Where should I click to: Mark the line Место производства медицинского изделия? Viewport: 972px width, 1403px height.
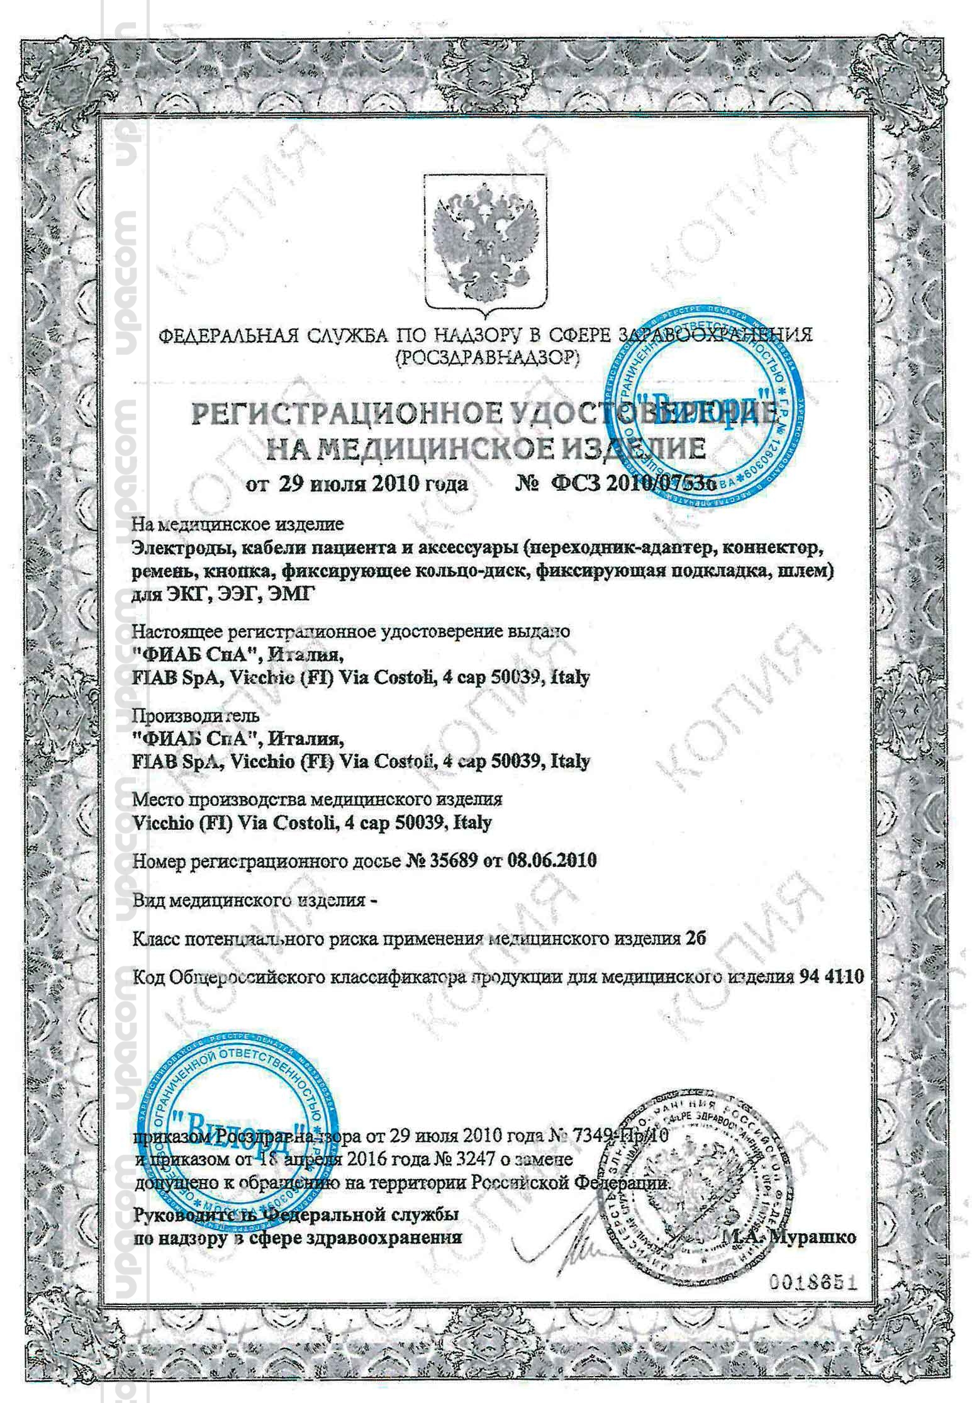pos(318,800)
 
